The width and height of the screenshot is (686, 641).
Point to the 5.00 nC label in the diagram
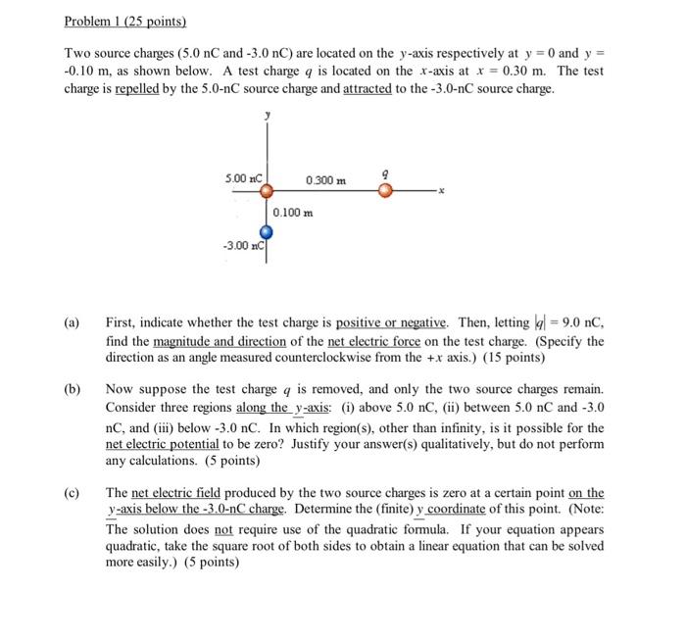[x=242, y=178]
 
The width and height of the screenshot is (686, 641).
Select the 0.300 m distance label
[x=325, y=179]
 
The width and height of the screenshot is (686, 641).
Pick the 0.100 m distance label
[x=294, y=213]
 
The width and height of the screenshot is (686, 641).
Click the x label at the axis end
[x=441, y=192]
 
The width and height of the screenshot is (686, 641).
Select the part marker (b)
[x=73, y=388]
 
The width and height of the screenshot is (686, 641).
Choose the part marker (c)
[x=73, y=493]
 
